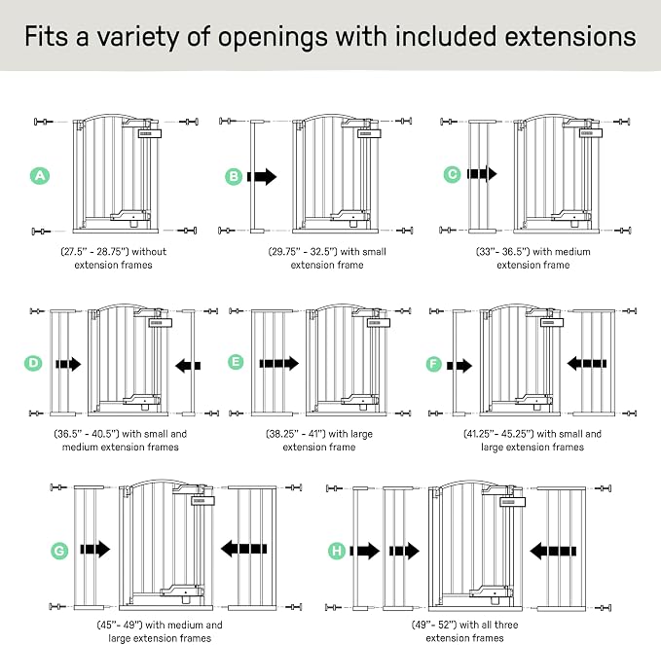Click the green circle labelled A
point(40,175)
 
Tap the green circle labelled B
point(234,176)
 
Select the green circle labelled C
point(453,174)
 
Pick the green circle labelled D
point(33,363)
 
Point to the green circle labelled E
point(236,362)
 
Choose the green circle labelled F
point(434,364)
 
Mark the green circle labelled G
point(59,551)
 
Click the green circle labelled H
point(337,551)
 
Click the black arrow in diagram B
point(262,176)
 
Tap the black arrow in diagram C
point(482,173)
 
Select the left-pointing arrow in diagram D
point(188,365)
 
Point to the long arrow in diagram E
point(279,363)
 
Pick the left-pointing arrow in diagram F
point(586,363)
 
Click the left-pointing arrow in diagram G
point(243,549)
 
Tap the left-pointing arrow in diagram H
point(553,551)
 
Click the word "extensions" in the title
point(570,36)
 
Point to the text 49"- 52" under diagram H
point(434,625)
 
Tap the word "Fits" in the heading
point(46,36)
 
